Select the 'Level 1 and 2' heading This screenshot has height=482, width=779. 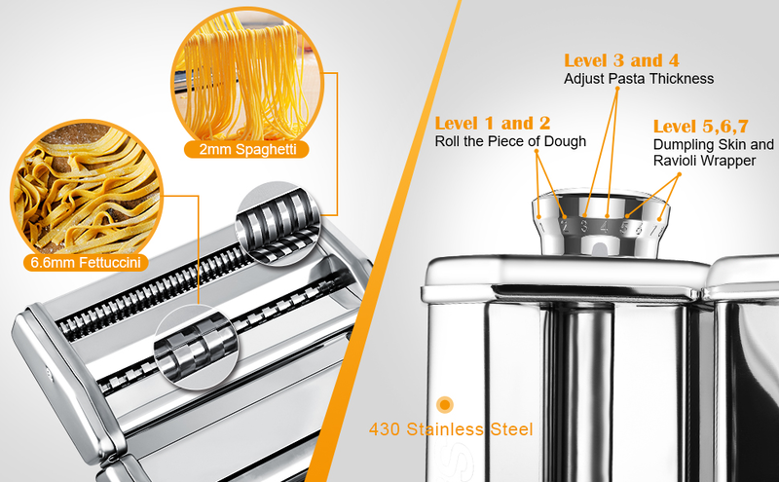click(x=493, y=123)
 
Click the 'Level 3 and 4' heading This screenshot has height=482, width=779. click(x=622, y=60)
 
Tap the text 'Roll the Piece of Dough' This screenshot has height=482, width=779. click(x=510, y=141)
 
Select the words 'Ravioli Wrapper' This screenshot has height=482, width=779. click(x=704, y=161)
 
